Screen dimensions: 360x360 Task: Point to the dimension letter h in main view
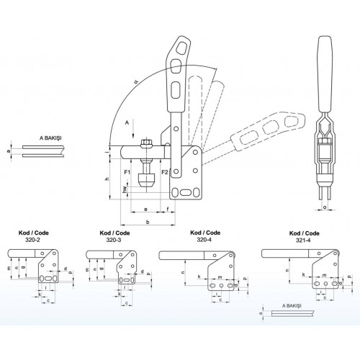tap(107, 179)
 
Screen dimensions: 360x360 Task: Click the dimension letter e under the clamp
tap(146, 209)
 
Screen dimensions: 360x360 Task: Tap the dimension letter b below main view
tap(148, 223)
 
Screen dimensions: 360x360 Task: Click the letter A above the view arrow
tap(127, 123)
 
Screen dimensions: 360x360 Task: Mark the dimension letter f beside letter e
tap(168, 209)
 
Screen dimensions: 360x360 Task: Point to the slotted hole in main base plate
tap(185, 192)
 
